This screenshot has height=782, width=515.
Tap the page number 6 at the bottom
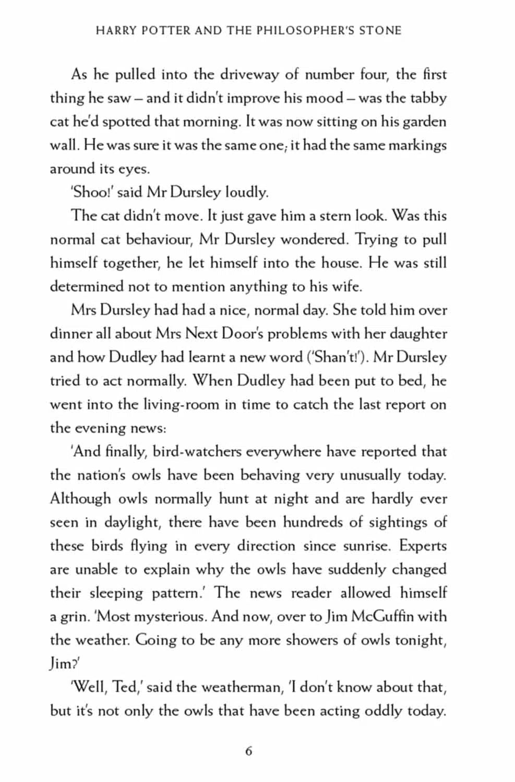(x=248, y=751)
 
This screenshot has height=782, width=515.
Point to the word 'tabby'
(x=428, y=98)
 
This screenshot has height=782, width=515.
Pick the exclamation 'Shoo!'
(x=90, y=192)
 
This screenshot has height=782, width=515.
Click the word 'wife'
(x=346, y=286)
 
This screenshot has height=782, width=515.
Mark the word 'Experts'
(x=423, y=546)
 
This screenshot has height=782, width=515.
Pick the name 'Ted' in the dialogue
(x=125, y=687)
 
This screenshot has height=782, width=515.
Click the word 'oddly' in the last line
(x=375, y=711)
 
